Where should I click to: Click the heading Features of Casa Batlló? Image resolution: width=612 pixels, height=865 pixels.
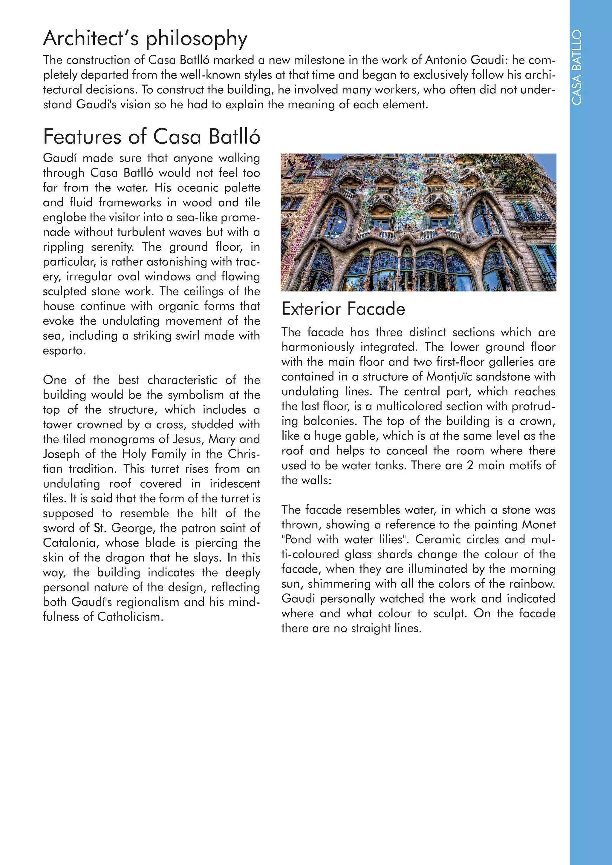152,137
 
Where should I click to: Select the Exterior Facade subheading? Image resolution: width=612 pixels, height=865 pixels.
343,309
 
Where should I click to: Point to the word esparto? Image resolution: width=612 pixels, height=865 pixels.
64,350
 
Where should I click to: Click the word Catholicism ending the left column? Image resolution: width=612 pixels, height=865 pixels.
130,617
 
